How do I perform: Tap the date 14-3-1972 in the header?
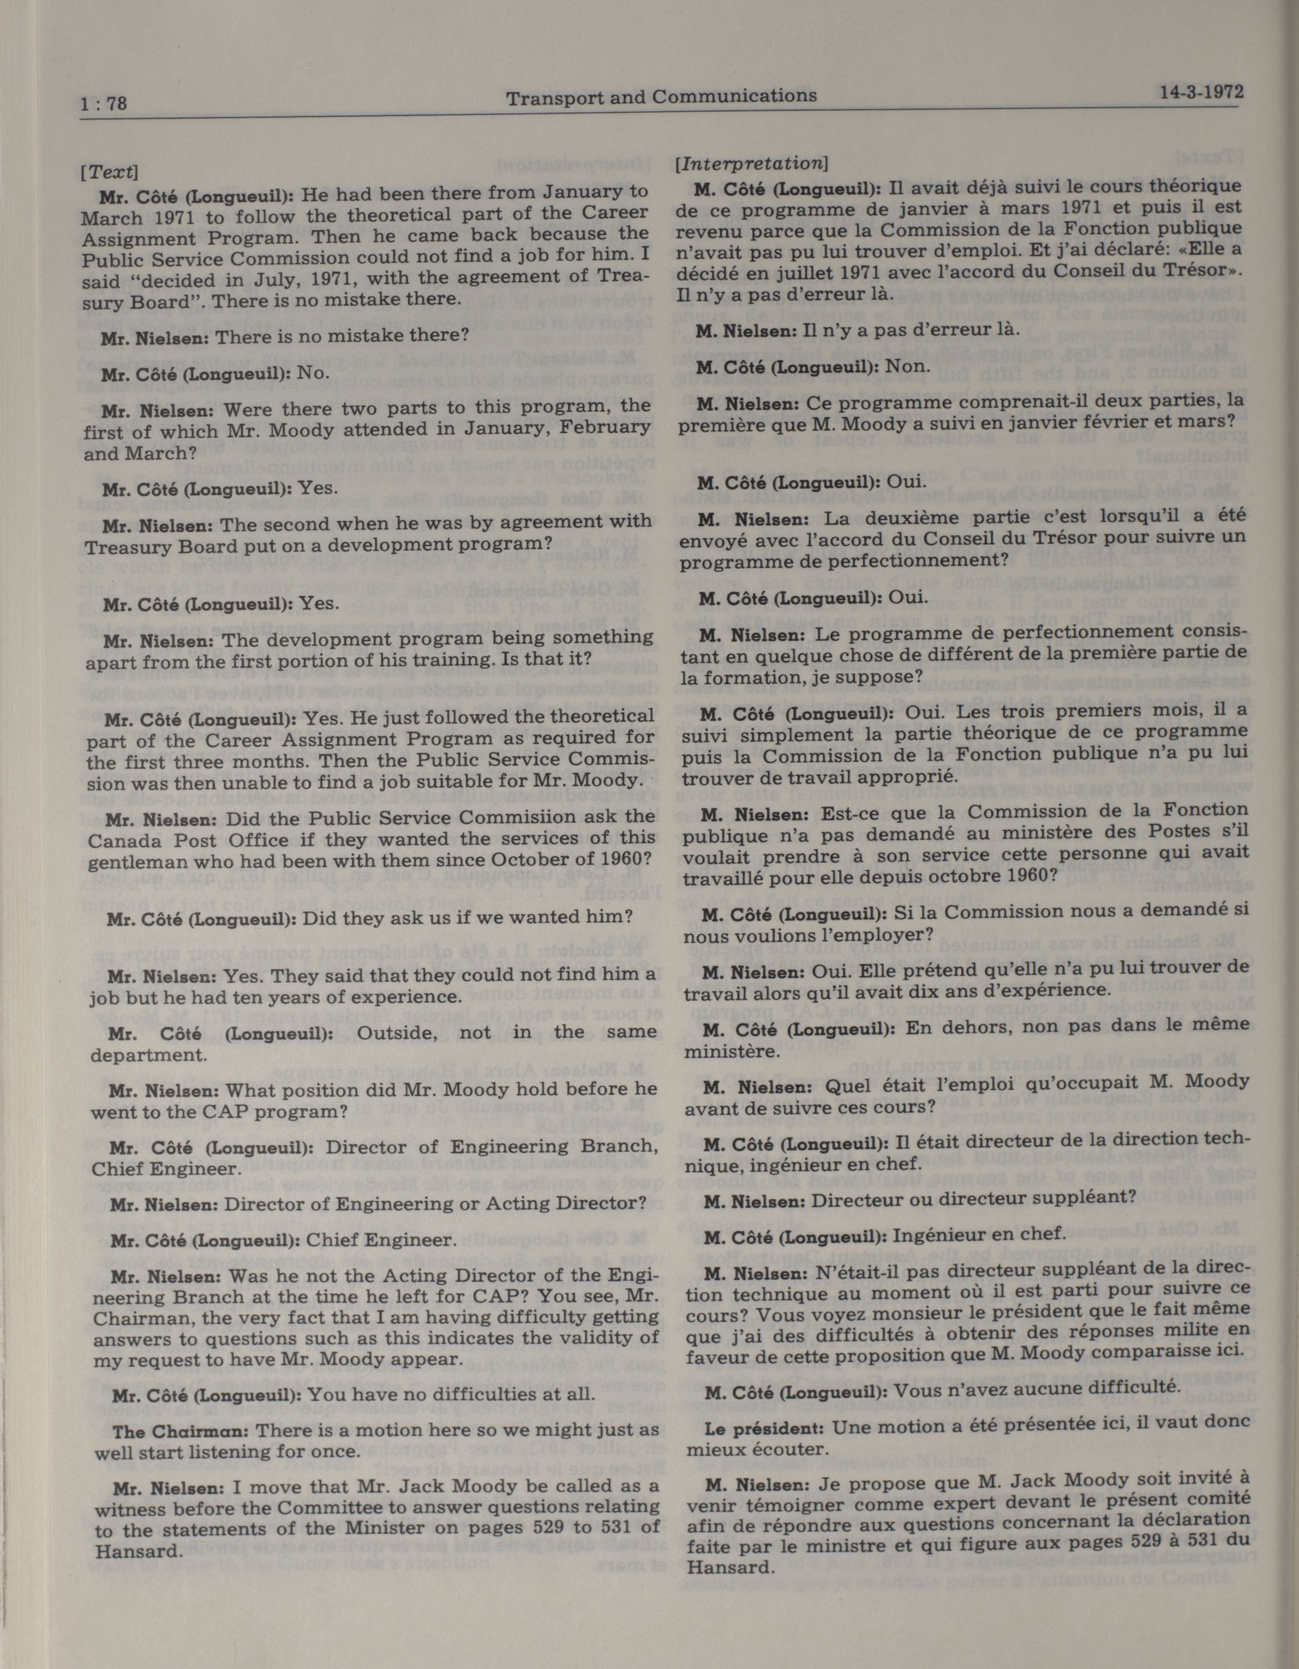point(1200,93)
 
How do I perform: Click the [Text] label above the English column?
point(109,171)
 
